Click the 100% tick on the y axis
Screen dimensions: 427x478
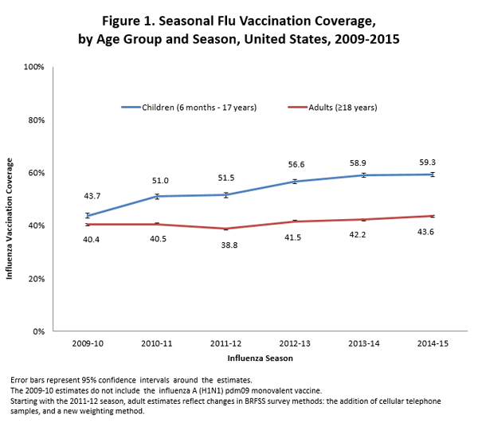click(33, 67)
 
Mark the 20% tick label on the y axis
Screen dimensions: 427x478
click(34, 279)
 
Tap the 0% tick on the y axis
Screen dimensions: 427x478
click(37, 331)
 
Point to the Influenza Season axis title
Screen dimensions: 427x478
click(261, 359)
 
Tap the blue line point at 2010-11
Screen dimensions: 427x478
click(158, 196)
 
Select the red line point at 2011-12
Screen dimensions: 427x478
click(226, 229)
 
